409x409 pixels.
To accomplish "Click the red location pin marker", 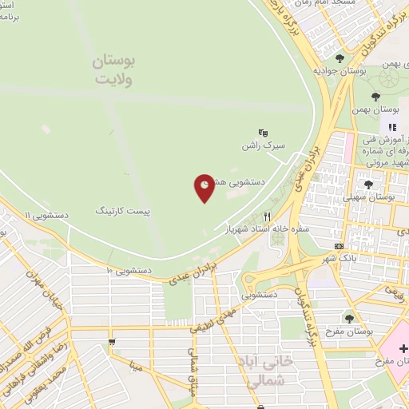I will [204, 187].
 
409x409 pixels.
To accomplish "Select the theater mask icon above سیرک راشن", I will [263, 133].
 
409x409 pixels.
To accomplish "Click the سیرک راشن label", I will [260, 148].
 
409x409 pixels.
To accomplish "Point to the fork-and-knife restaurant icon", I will [268, 216].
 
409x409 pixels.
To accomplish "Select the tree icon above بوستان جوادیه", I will [340, 58].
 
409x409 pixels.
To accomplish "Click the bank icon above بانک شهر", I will [339, 245].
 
